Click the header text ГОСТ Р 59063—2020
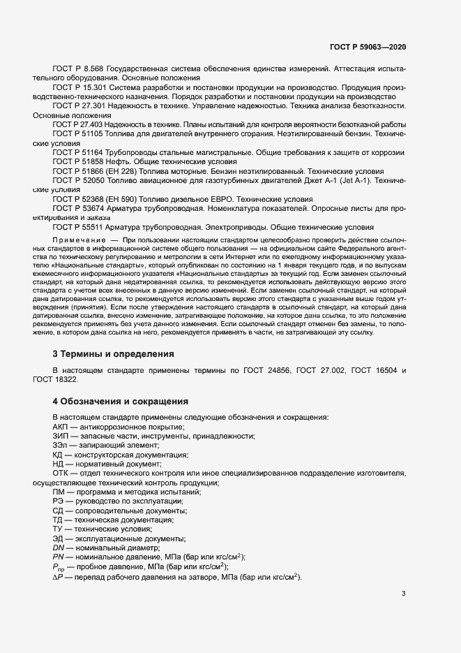(x=368, y=46)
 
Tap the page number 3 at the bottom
(x=404, y=594)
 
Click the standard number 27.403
(x=92, y=124)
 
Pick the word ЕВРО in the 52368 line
(x=201, y=198)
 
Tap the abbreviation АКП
(x=61, y=427)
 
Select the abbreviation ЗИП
(x=61, y=436)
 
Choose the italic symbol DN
(x=59, y=548)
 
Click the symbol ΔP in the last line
(x=58, y=576)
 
